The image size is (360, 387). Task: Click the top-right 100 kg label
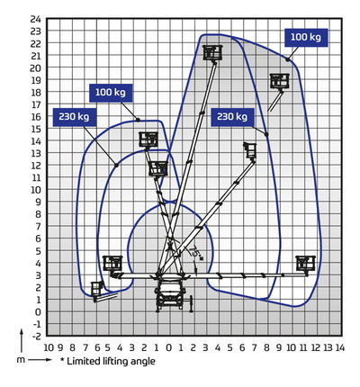[306, 38]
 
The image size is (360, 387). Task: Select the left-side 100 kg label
[111, 93]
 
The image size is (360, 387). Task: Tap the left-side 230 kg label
[74, 116]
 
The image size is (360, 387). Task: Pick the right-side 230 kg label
[232, 116]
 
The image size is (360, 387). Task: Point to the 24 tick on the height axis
[35, 19]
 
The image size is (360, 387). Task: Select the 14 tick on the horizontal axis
[340, 347]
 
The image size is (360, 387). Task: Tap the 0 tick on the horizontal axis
[168, 347]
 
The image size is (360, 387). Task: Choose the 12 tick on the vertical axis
[35, 165]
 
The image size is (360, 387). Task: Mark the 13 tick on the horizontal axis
[328, 347]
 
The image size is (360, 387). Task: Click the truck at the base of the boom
[169, 295]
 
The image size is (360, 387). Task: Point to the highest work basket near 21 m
[212, 53]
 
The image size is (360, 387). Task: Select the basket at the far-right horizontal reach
[306, 264]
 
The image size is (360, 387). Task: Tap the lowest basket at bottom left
[97, 289]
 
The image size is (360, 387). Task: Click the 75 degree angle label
[195, 251]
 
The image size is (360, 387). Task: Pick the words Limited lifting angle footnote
[111, 361]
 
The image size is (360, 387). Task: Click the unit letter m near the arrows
[21, 360]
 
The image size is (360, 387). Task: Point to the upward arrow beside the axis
[22, 340]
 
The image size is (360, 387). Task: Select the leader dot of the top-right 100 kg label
[287, 60]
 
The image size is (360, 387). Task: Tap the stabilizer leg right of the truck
[191, 303]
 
